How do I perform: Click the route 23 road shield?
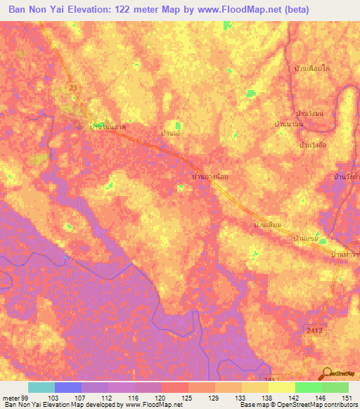pyautogui.click(x=74, y=86)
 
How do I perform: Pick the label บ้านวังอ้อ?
pyautogui.click(x=314, y=144)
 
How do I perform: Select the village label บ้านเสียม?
pyautogui.click(x=267, y=225)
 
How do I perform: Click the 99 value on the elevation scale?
pyautogui.click(x=29, y=397)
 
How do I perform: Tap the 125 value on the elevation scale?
pyautogui.click(x=188, y=397)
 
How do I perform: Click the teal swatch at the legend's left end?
pyautogui.click(x=41, y=387)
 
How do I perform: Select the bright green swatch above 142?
pyautogui.click(x=308, y=387)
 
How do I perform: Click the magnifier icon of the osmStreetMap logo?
pyautogui.click(x=328, y=372)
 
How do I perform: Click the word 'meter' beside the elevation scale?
pyautogui.click(x=12, y=397)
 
